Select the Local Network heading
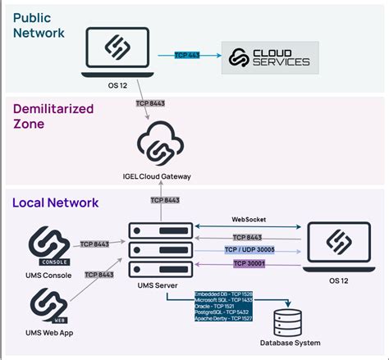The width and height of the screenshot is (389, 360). pyautogui.click(x=54, y=202)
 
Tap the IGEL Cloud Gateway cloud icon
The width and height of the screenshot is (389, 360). pyautogui.click(x=167, y=146)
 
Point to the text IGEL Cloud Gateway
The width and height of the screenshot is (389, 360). pyautogui.click(x=167, y=177)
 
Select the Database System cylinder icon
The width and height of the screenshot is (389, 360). pyautogui.click(x=286, y=318)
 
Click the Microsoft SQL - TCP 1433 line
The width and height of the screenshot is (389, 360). pyautogui.click(x=222, y=299)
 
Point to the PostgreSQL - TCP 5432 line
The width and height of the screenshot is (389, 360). pyautogui.click(x=222, y=312)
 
